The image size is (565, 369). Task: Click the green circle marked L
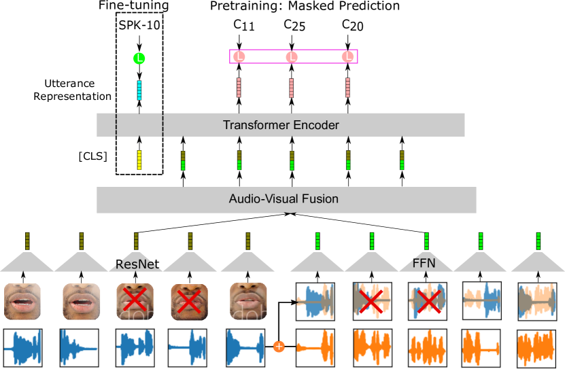click(139, 58)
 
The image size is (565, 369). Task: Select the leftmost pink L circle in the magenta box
click(239, 57)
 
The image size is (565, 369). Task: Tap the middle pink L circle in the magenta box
click(291, 57)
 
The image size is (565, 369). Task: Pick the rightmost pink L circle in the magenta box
click(347, 57)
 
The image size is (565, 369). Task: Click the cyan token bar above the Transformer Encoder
click(139, 90)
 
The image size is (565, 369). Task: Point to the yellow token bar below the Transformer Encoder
click(139, 160)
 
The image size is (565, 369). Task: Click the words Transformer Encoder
click(281, 125)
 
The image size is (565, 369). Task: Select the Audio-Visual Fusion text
click(284, 199)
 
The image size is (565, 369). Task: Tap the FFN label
click(424, 263)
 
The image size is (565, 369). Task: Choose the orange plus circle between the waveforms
click(278, 347)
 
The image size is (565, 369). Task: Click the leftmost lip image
click(22, 301)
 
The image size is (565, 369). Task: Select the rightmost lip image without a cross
click(248, 301)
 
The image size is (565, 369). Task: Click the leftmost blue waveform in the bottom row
click(22, 347)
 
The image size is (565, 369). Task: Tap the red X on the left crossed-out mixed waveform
click(371, 300)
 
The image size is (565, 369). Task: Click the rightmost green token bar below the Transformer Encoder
click(402, 160)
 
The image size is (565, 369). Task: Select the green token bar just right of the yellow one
click(183, 161)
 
